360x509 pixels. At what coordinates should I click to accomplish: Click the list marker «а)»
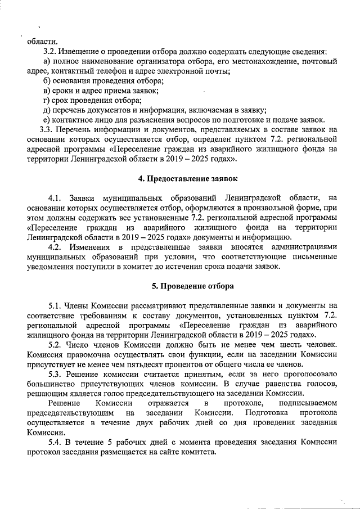click(x=47, y=61)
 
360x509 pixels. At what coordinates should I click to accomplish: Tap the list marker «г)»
click(x=47, y=100)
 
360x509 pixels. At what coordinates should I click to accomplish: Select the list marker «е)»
click(x=47, y=120)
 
